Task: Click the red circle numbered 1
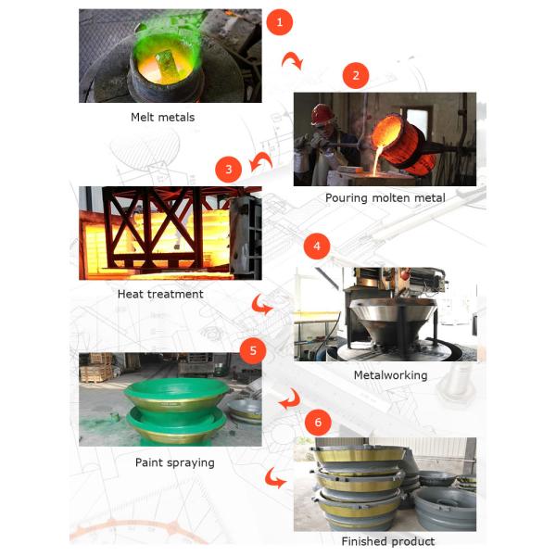(x=280, y=22)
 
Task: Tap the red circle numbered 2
(x=356, y=75)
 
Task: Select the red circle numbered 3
(x=229, y=170)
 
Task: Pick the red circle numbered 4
(x=317, y=246)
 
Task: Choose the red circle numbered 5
(x=253, y=350)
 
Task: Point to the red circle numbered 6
(x=318, y=422)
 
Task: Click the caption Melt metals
(x=163, y=118)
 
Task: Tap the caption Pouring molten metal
(x=385, y=198)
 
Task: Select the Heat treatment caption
(x=160, y=294)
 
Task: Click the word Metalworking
(x=390, y=375)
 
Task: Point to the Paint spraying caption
(x=175, y=462)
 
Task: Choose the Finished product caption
(x=388, y=541)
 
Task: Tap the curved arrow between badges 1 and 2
(x=292, y=60)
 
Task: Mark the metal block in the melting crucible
(x=164, y=62)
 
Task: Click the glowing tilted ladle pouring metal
(x=404, y=144)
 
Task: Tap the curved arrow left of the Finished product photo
(x=275, y=477)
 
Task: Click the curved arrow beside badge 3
(x=260, y=161)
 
